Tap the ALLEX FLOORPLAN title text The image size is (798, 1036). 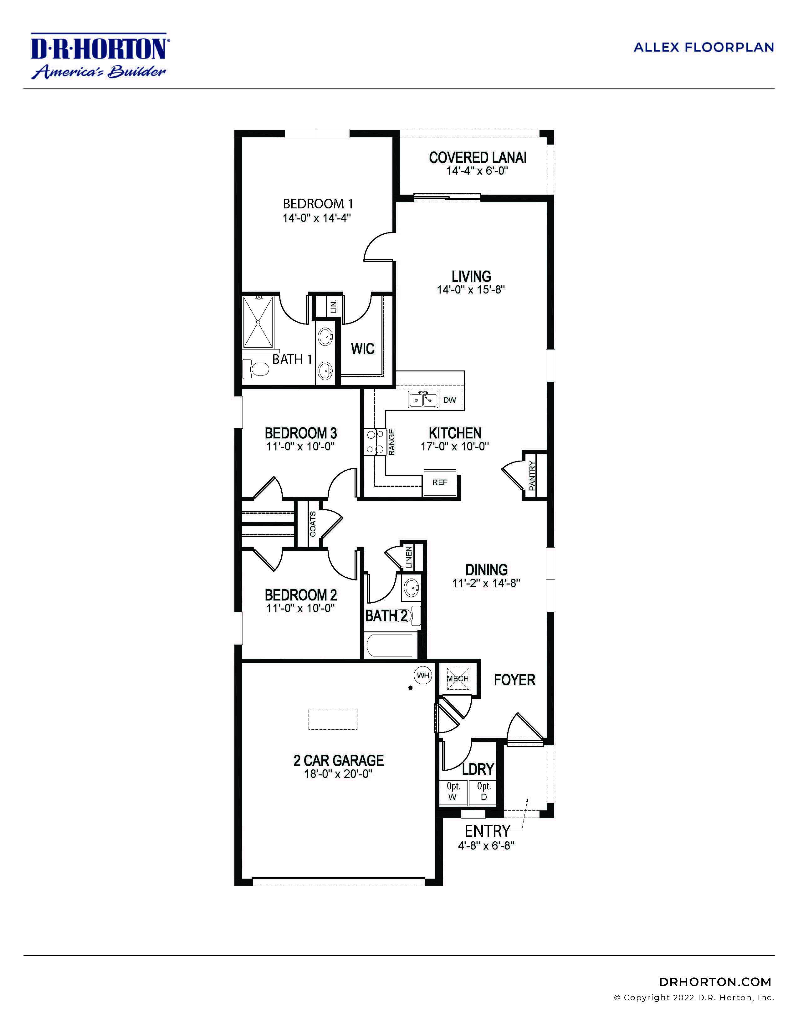[x=703, y=48]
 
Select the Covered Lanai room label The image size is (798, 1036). [x=477, y=157]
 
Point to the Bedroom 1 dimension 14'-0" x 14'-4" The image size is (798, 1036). [x=316, y=218]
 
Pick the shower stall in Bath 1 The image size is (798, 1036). [x=258, y=323]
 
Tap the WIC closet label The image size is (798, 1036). [x=362, y=349]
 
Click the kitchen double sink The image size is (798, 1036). [x=423, y=399]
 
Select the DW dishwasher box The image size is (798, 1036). [x=450, y=400]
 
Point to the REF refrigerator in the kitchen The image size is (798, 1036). [x=440, y=483]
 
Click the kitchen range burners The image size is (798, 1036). [x=375, y=441]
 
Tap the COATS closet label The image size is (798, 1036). [x=313, y=524]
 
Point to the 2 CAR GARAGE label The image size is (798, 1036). [x=338, y=760]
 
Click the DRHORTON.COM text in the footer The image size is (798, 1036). [x=715, y=982]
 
